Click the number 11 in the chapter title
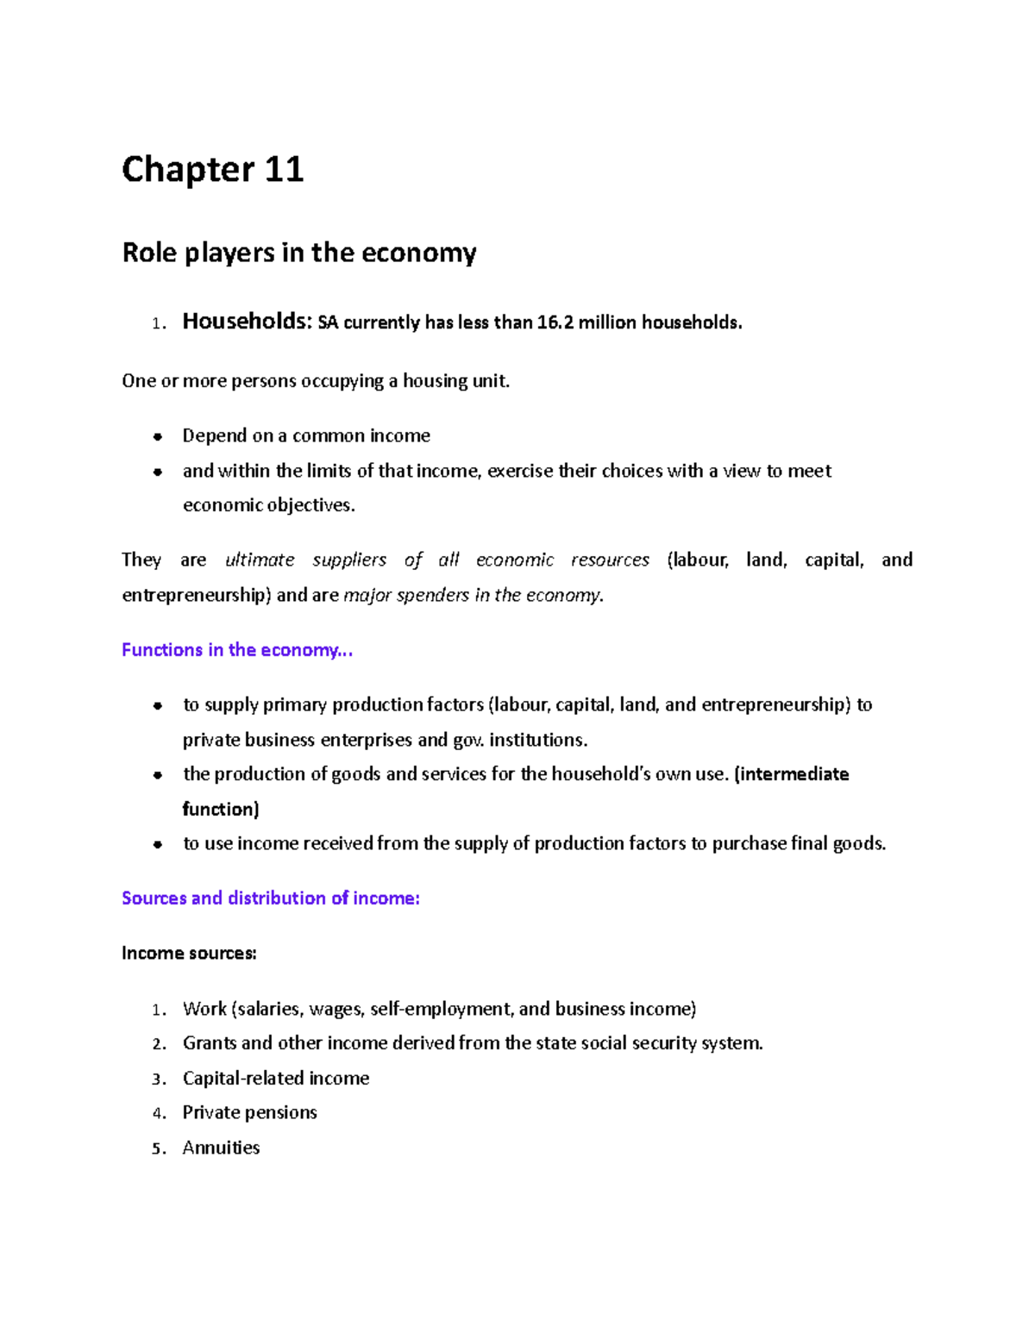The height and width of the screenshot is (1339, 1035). tap(284, 170)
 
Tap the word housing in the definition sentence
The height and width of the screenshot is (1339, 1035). tap(434, 381)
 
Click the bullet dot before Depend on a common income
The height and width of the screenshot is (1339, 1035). tap(158, 436)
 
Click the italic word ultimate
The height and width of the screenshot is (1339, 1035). tap(260, 560)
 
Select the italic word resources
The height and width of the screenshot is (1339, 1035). tap(610, 560)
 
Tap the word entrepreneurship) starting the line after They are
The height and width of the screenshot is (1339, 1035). tap(197, 595)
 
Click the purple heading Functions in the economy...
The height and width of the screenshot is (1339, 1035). tap(237, 650)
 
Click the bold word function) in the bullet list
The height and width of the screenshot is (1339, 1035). tap(221, 809)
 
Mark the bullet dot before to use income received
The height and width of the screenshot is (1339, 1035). tap(158, 845)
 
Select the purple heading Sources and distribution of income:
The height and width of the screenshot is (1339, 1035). tap(270, 898)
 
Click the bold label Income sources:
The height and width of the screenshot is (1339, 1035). tap(189, 954)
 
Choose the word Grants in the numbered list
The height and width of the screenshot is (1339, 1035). tap(210, 1043)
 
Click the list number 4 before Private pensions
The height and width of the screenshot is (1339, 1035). tap(157, 1114)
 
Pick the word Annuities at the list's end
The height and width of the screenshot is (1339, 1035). tap(221, 1148)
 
